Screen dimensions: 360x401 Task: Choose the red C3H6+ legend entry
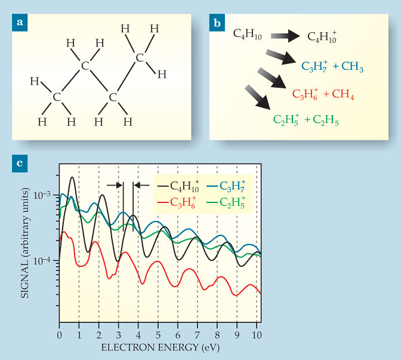click(x=180, y=204)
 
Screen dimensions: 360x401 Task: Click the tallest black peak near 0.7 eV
click(x=72, y=177)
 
